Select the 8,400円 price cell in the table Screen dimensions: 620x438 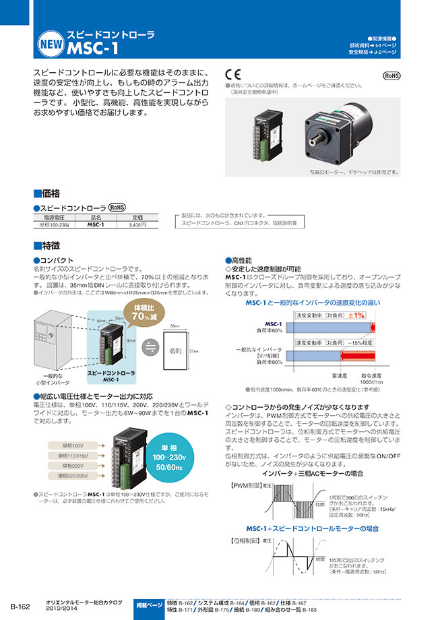click(x=137, y=224)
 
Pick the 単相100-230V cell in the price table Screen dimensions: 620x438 click(x=54, y=224)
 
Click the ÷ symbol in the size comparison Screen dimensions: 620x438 click(x=151, y=348)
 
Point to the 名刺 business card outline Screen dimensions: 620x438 click(x=175, y=351)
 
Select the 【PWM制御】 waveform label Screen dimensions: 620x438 click(x=245, y=485)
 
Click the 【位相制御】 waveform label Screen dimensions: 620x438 click(x=245, y=541)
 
